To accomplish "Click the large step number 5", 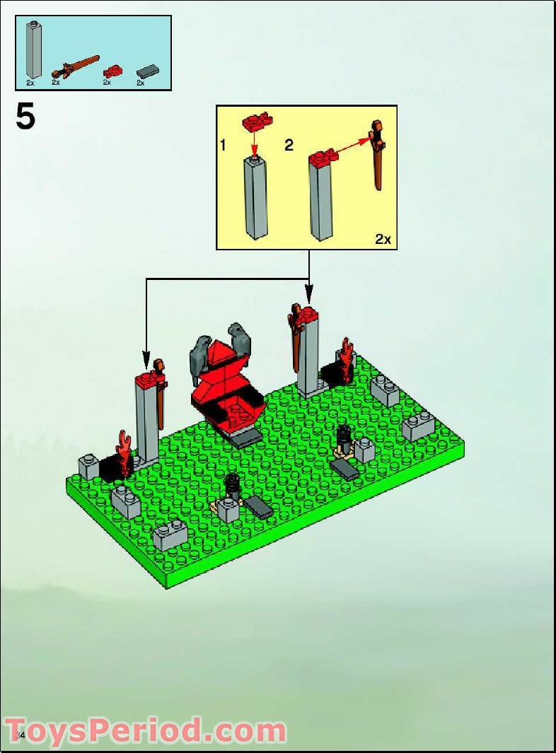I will (25, 117).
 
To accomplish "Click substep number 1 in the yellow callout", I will (223, 146).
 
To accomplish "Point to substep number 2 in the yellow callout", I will (289, 146).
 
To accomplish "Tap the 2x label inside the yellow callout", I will (383, 239).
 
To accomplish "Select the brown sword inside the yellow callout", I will (378, 156).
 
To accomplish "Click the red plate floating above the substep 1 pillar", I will (257, 122).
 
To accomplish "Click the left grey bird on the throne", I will (202, 357).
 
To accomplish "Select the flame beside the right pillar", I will (346, 359).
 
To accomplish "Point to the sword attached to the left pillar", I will (162, 396).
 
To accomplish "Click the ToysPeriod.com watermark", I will (145, 730).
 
